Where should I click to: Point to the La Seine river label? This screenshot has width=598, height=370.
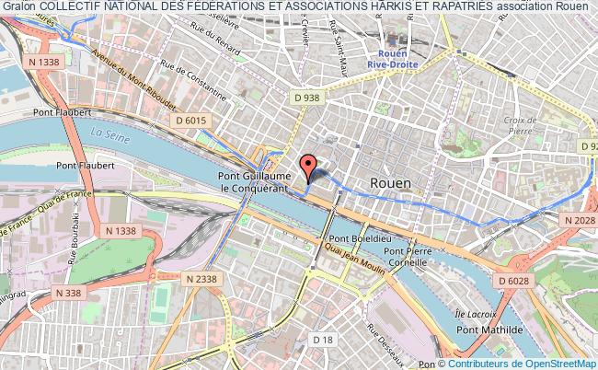point(107,133)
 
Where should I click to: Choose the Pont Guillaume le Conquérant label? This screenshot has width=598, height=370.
point(254,181)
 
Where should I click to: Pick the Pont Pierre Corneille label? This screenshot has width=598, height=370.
point(408,256)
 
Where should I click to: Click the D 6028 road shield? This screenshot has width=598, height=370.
point(516,281)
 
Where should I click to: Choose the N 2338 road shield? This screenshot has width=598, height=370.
point(202,278)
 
